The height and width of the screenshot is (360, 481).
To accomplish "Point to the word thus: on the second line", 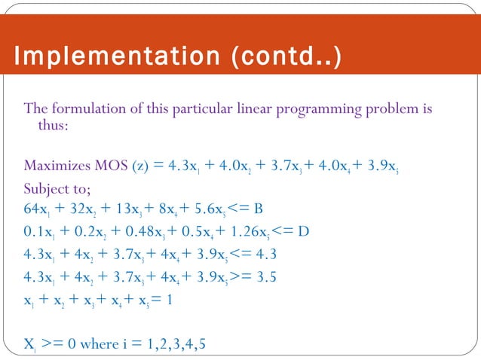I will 54,125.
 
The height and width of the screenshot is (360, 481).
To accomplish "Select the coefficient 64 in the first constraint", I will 33,208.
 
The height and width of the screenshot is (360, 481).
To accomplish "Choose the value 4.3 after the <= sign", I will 290,253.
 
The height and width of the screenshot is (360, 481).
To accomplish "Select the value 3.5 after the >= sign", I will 290,276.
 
